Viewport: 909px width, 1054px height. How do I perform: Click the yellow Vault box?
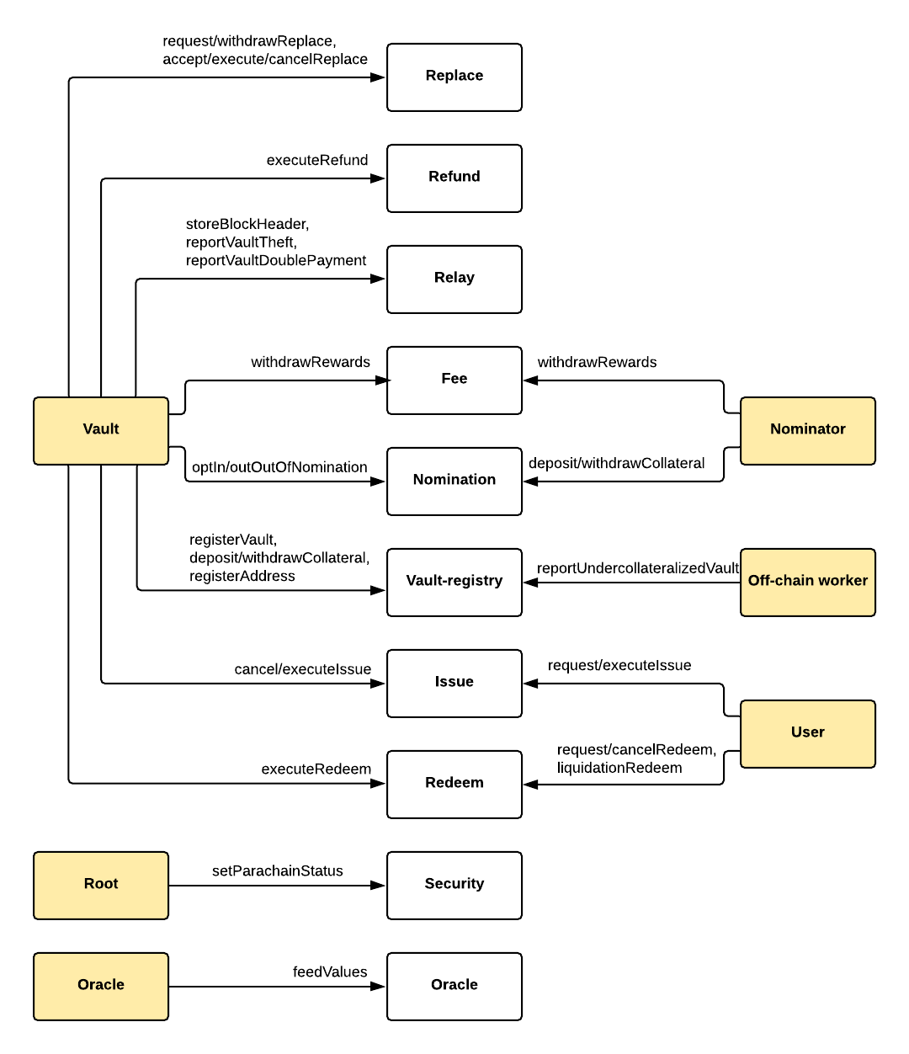point(101,430)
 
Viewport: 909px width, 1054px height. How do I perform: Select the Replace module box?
point(454,77)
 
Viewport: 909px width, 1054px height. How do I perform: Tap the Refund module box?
point(454,178)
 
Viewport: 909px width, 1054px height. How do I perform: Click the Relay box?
point(454,279)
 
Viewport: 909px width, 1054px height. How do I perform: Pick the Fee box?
point(454,380)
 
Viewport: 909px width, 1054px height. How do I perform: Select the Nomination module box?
point(454,481)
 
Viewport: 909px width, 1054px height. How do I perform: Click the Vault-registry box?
point(454,582)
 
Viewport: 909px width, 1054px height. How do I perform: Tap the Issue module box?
point(454,683)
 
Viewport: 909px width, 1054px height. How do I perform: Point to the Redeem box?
point(454,784)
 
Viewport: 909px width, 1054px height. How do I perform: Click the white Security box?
point(454,885)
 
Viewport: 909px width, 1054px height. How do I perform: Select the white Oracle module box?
point(454,986)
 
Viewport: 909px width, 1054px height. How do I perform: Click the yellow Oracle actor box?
point(101,986)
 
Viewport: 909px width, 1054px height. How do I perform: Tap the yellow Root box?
point(101,885)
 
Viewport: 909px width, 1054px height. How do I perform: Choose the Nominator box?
point(808,430)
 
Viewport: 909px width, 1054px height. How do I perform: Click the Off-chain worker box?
point(808,582)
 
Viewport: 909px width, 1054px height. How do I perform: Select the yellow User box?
point(808,733)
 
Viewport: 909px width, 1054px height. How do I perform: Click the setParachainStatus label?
point(277,870)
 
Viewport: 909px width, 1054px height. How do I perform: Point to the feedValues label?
point(330,971)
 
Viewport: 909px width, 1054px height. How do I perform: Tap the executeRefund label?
point(317,160)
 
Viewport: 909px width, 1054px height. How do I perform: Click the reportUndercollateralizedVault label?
point(637,568)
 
